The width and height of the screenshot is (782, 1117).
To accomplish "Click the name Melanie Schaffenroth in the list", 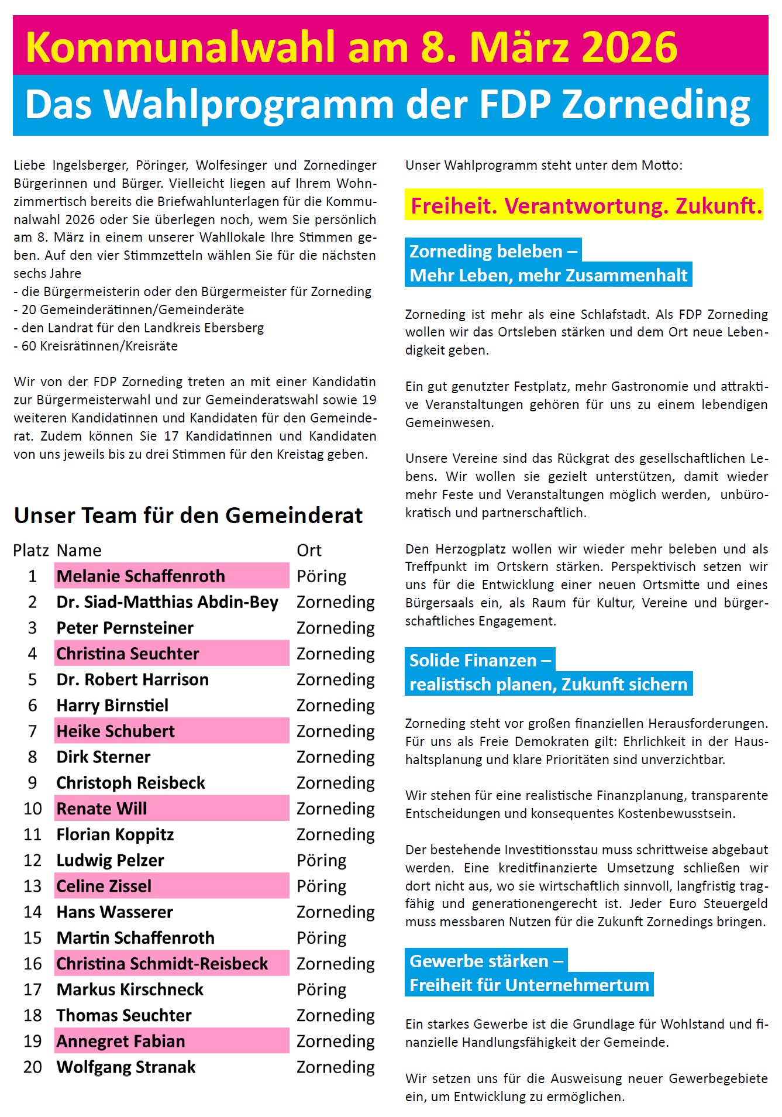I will pyautogui.click(x=140, y=576).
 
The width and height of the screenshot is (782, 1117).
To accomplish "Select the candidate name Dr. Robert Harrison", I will pyautogui.click(x=132, y=680).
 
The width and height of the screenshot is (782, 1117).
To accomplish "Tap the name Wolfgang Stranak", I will pyautogui.click(x=126, y=1067).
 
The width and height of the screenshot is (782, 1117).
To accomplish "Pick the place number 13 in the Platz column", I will pyautogui.click(x=33, y=886).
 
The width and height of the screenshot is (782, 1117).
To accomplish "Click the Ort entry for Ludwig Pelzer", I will pyautogui.click(x=321, y=861).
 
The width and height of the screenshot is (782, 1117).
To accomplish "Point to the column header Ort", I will pyautogui.click(x=309, y=551).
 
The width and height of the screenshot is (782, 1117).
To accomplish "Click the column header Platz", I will pyautogui.click(x=31, y=551).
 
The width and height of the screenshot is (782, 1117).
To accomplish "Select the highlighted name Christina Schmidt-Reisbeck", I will pyautogui.click(x=162, y=964).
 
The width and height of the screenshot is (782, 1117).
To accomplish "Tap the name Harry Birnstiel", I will pyautogui.click(x=112, y=706).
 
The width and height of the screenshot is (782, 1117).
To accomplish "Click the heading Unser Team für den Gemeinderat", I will pyautogui.click(x=188, y=515).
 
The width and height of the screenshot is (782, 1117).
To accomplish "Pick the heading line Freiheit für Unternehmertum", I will pyautogui.click(x=529, y=985).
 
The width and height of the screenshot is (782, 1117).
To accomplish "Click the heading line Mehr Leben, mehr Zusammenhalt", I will pyautogui.click(x=548, y=275).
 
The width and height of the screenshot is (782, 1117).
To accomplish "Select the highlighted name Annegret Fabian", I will pyautogui.click(x=120, y=1042).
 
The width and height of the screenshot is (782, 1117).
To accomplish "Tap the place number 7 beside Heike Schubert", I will pyautogui.click(x=33, y=731).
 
